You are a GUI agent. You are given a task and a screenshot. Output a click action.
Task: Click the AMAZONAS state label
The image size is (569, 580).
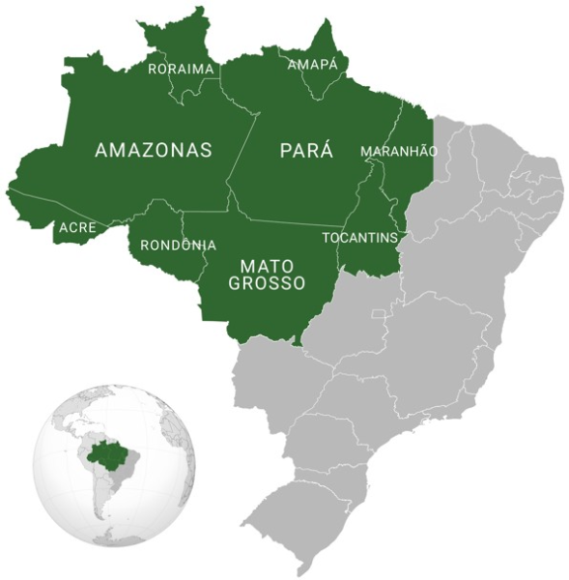point(154,150)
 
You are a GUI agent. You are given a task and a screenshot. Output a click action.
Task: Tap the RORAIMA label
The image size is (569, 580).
point(180,69)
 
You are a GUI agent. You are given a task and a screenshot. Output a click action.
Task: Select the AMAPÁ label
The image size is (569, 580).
point(314,65)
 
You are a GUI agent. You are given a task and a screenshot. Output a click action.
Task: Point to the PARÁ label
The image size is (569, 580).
point(306,150)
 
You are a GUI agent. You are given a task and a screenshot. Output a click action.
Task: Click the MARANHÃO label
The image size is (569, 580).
point(399,152)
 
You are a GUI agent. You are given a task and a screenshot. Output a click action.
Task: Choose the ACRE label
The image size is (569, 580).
point(77,228)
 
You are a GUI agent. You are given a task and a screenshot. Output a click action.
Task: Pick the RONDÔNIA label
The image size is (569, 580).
point(178,245)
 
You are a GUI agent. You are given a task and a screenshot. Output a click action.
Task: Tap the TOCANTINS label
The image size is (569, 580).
point(359,237)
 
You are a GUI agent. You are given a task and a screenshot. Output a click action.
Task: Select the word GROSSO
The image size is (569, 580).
point(267,283)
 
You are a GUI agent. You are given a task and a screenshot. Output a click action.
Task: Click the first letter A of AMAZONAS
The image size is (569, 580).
point(101,150)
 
